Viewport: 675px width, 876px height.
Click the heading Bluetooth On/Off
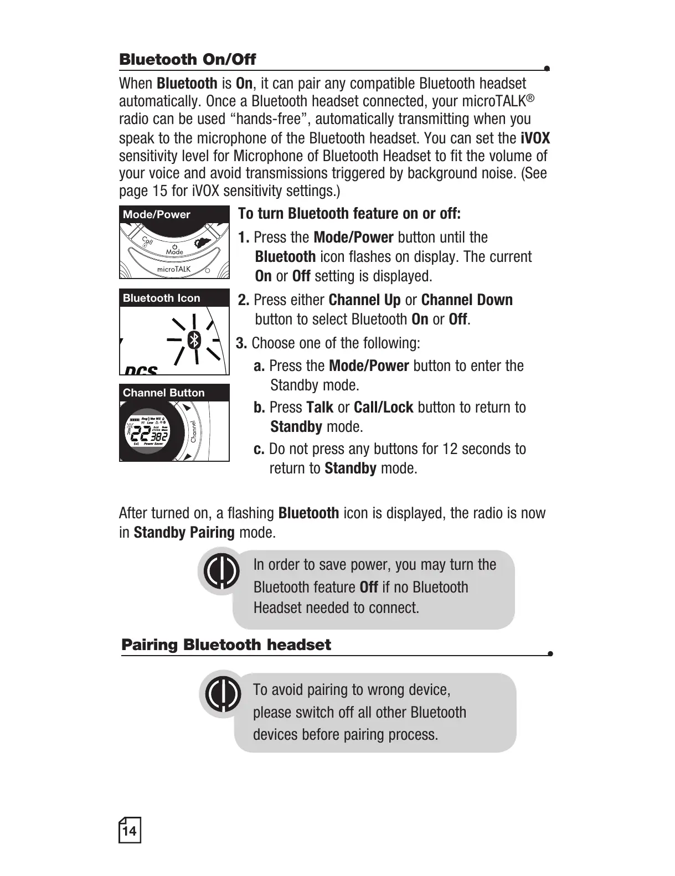point(188,59)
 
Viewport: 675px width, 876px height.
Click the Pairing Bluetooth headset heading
point(226,645)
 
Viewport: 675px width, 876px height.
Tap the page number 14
point(130,831)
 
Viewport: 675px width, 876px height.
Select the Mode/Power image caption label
point(157,215)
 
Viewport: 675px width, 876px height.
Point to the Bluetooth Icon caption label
point(162,298)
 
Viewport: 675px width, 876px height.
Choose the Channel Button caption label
point(164,393)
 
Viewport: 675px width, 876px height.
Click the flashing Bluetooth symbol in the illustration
point(194,340)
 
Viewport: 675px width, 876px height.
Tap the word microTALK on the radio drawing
point(174,269)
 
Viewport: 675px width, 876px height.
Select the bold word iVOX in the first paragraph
point(535,138)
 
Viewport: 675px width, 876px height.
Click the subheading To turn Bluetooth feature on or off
point(349,214)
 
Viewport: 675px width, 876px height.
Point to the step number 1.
point(244,238)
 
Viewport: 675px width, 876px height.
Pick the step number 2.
point(244,300)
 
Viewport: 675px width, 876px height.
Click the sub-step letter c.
point(259,449)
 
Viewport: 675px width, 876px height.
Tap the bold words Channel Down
point(467,300)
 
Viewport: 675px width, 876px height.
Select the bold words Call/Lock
point(383,408)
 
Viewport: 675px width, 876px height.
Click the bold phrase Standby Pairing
point(184,533)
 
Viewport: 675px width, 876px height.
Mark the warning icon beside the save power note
point(221,571)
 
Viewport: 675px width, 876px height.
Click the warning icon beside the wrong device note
point(223,694)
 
